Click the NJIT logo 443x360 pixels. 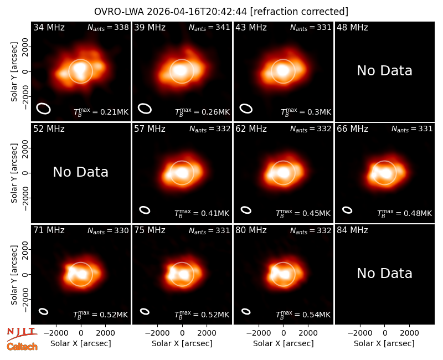click(x=22, y=334)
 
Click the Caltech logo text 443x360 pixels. click(x=22, y=347)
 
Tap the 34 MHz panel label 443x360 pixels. click(x=49, y=27)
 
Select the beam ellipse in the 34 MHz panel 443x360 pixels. click(x=43, y=109)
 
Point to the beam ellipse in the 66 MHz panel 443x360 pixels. click(x=347, y=210)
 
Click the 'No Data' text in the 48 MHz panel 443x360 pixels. click(x=384, y=71)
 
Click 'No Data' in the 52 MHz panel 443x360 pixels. click(x=80, y=172)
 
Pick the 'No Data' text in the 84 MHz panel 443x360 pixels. click(x=384, y=274)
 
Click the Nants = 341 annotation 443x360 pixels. click(x=209, y=28)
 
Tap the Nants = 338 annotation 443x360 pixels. click(x=108, y=28)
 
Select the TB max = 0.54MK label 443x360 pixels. click(x=303, y=314)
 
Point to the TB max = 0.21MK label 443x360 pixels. click(x=101, y=112)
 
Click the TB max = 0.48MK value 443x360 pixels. click(x=404, y=213)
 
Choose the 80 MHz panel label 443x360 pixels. click(x=251, y=230)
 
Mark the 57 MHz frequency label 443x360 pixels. click(x=150, y=129)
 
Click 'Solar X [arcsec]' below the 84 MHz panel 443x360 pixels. click(x=384, y=343)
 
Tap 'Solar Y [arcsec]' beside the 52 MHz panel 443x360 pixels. click(x=14, y=173)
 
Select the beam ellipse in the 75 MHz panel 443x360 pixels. click(x=145, y=311)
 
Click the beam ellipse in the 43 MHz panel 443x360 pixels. click(x=246, y=109)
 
